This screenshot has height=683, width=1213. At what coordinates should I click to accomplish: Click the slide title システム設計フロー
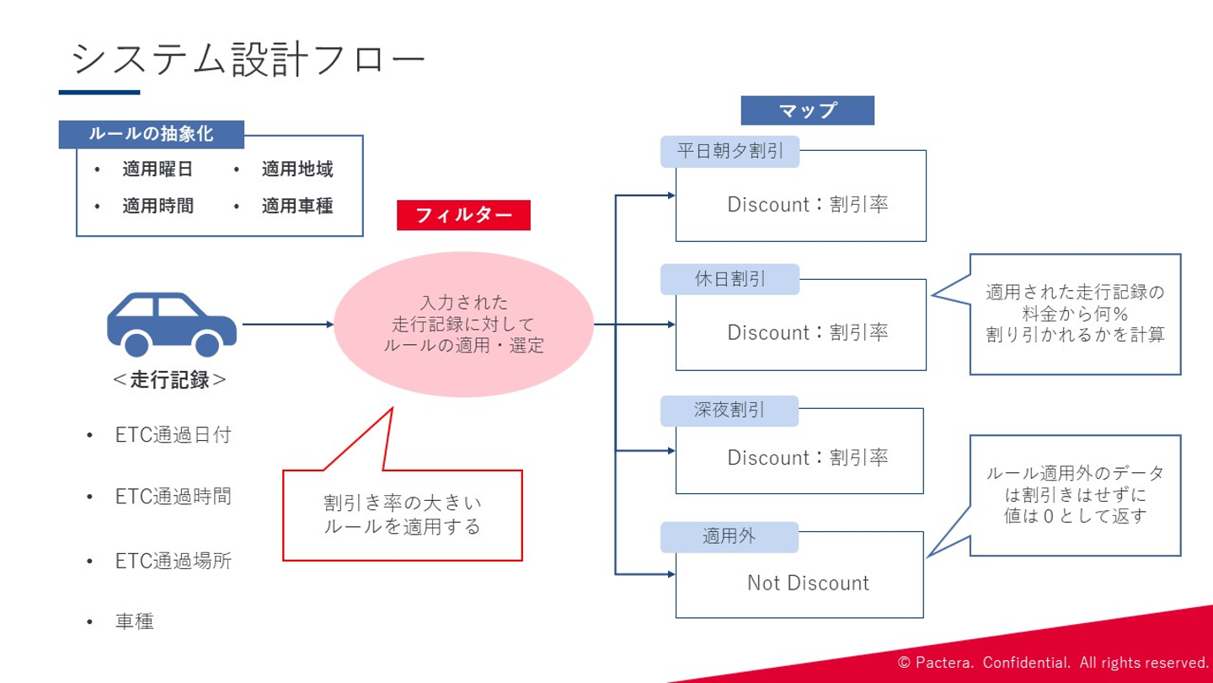pyautogui.click(x=248, y=58)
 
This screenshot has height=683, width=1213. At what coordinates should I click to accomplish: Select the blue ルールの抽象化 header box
pyautogui.click(x=151, y=134)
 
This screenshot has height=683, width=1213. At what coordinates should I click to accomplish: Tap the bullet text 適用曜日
pyautogui.click(x=157, y=169)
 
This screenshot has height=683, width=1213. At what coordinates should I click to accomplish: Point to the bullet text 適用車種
pyautogui.click(x=297, y=206)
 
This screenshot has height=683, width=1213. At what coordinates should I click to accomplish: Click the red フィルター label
pyautogui.click(x=463, y=215)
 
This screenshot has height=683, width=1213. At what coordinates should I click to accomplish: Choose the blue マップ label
pyautogui.click(x=807, y=110)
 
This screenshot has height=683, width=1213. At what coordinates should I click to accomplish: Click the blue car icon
pyautogui.click(x=172, y=324)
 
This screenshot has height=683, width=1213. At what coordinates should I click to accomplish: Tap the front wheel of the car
pyautogui.click(x=207, y=344)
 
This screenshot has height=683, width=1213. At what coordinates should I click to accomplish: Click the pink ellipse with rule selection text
pyautogui.click(x=463, y=324)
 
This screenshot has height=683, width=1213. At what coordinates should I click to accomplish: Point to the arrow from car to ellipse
pyautogui.click(x=288, y=324)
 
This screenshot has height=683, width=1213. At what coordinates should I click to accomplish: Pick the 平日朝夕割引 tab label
pyautogui.click(x=730, y=151)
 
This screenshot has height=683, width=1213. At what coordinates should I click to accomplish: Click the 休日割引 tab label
pyautogui.click(x=730, y=279)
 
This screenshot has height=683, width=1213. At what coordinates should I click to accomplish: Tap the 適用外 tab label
pyautogui.click(x=729, y=536)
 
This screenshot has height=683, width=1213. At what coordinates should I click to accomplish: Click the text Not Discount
pyautogui.click(x=808, y=584)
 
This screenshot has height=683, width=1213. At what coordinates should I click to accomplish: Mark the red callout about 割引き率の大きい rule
pyautogui.click(x=403, y=515)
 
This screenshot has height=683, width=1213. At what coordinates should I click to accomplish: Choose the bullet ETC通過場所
pyautogui.click(x=174, y=561)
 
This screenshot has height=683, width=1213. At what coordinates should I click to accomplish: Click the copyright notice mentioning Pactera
pyautogui.click(x=1053, y=663)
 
